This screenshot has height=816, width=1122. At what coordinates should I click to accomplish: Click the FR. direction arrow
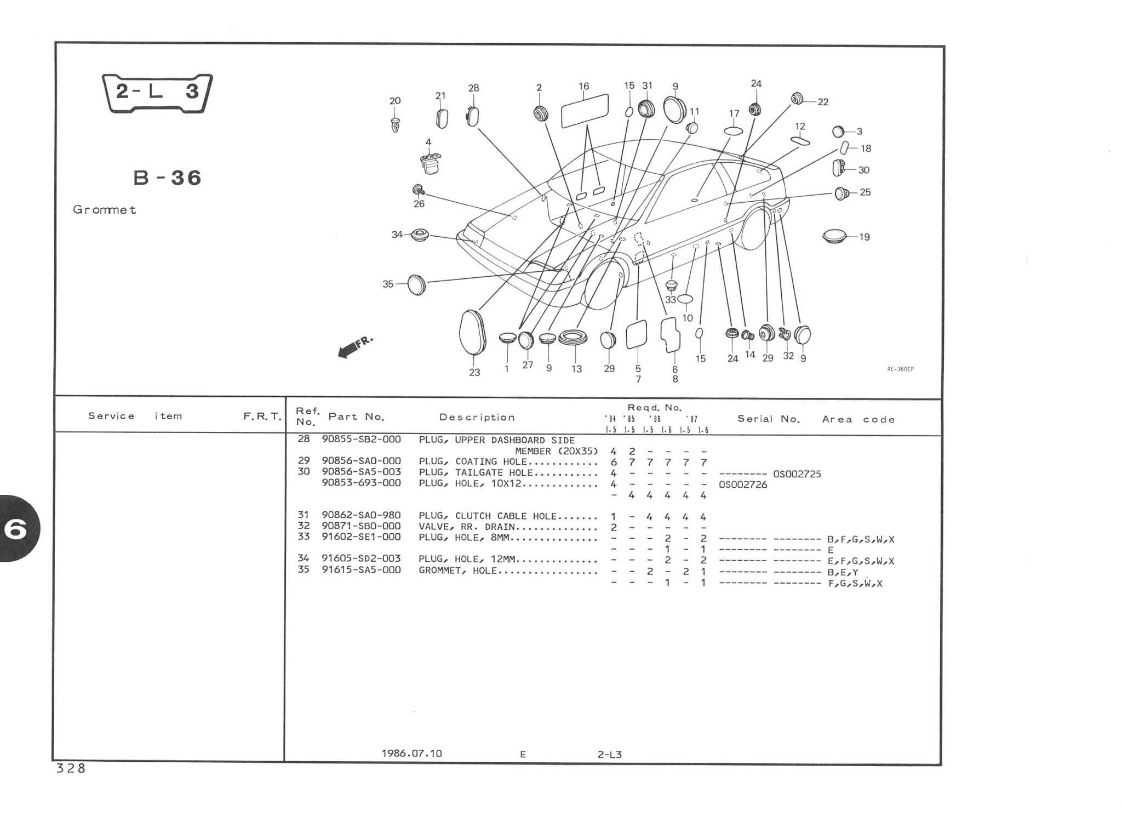[x=353, y=347]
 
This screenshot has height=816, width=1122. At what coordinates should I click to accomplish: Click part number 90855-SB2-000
[x=361, y=440]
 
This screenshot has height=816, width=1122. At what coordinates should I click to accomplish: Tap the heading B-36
[x=168, y=178]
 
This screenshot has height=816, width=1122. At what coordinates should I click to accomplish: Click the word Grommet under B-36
[x=104, y=210]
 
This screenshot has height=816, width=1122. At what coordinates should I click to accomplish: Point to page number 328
[x=71, y=768]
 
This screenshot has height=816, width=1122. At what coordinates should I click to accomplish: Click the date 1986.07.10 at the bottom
[x=411, y=753]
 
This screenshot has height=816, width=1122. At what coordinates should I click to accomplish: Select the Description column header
[x=477, y=418]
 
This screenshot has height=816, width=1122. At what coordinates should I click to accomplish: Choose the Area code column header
[x=858, y=419]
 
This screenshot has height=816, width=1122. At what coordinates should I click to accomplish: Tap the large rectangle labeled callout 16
[x=585, y=111]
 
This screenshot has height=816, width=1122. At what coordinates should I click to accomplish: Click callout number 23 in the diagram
[x=474, y=372]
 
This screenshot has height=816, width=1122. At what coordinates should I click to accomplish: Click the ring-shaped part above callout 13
[x=573, y=337]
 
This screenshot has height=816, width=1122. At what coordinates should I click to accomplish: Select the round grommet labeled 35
[x=417, y=284]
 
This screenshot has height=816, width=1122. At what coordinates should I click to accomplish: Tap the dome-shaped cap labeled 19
[x=834, y=237]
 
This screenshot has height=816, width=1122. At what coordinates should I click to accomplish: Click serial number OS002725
[x=797, y=474]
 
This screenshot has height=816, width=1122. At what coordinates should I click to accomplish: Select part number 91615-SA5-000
[x=361, y=570]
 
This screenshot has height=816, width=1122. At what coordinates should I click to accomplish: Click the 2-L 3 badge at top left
[x=157, y=92]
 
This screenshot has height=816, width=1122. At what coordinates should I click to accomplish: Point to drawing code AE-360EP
[x=900, y=369]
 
